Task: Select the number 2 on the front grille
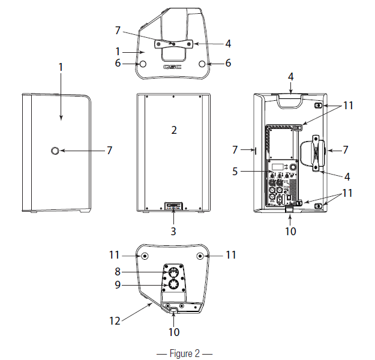point(173,130)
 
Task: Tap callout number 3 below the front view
point(173,230)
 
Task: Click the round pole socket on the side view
point(56,151)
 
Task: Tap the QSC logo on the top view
point(173,68)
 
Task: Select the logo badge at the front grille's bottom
point(173,206)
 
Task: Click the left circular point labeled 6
point(142,64)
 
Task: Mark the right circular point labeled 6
point(204,64)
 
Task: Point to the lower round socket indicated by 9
point(172,286)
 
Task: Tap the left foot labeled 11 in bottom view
point(145,256)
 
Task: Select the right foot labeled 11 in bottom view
point(200,256)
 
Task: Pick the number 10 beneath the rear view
point(289,230)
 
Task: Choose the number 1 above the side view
point(61,67)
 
